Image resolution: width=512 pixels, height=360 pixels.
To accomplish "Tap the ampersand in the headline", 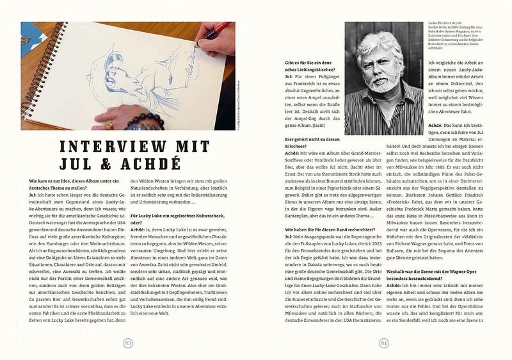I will (x=97, y=164).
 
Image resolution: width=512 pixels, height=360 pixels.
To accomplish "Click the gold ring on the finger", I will (x=109, y=124).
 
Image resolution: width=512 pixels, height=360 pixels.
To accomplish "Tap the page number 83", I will (x=128, y=342).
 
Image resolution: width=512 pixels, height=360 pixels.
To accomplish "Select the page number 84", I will (x=383, y=342).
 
